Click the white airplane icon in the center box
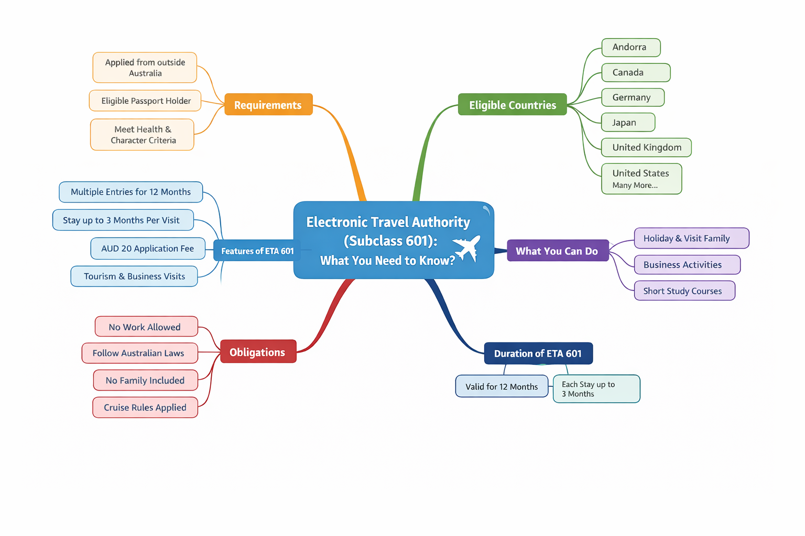[466, 248]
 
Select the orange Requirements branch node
[268, 105]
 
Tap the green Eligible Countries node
[512, 105]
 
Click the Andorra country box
[630, 47]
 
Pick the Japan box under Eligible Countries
[627, 122]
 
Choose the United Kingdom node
[646, 148]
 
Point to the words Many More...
[635, 185]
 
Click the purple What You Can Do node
[557, 251]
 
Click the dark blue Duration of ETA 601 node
[538, 353]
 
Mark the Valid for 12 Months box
[502, 387]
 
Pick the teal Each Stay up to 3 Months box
[596, 389]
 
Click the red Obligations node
[258, 352]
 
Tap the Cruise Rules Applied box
[145, 407]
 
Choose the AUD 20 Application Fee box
[147, 249]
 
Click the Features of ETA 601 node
[257, 251]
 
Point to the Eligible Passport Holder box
[145, 100]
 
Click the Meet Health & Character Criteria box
[142, 135]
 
